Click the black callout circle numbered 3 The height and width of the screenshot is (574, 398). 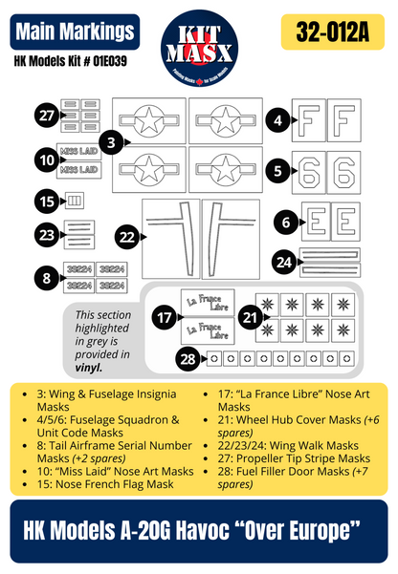112,143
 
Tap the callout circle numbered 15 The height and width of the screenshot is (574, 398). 46,201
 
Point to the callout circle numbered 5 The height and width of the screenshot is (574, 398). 277,172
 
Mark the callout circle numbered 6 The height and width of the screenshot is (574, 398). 286,222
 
